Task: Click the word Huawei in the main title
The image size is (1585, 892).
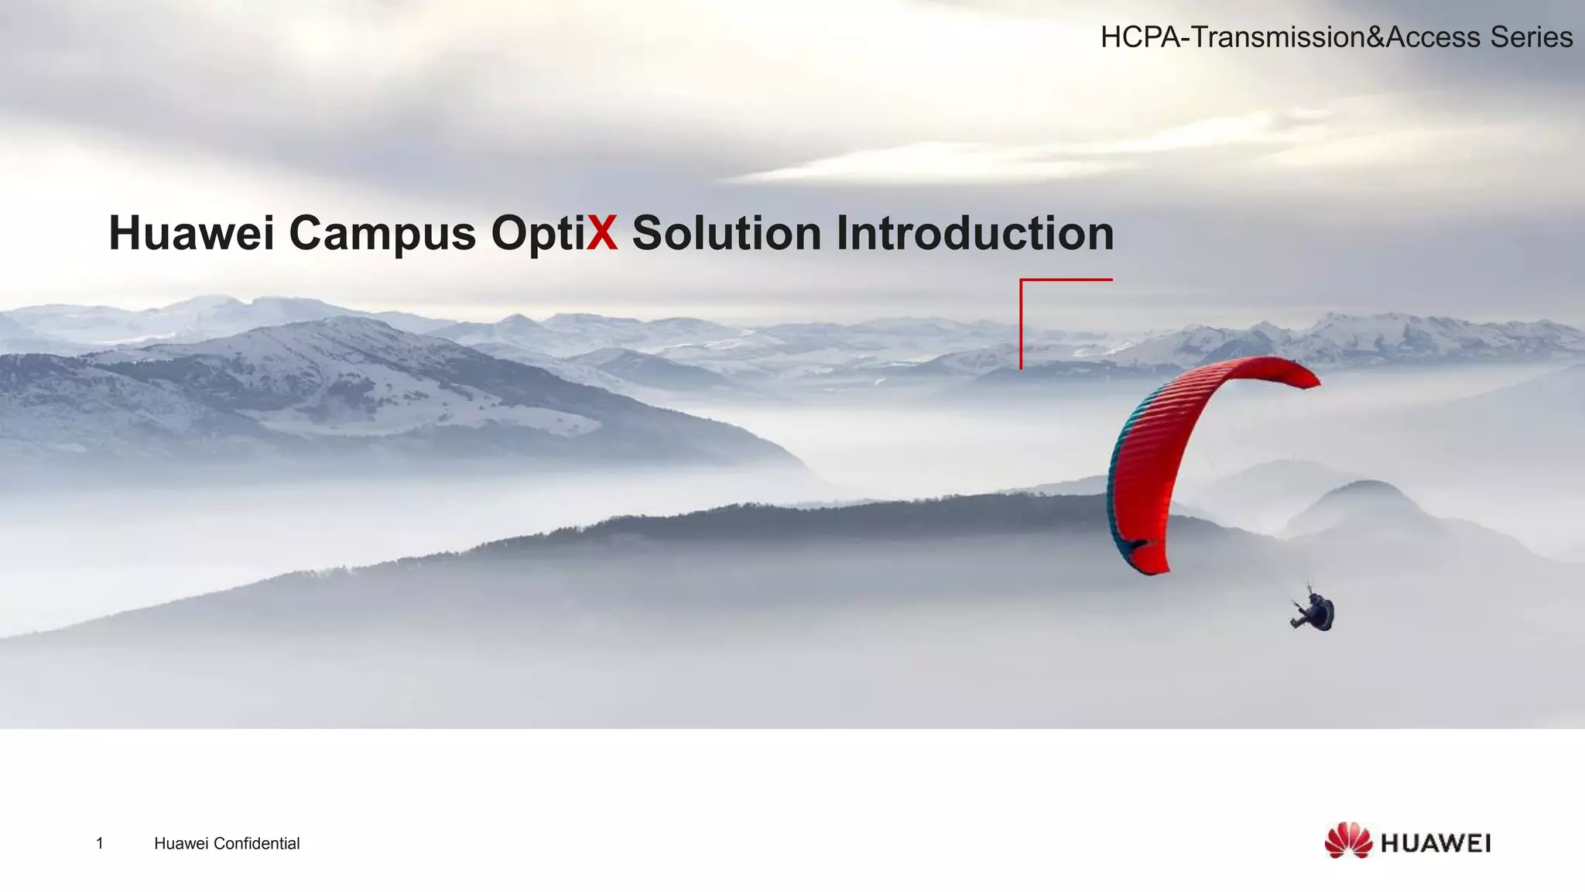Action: [x=191, y=233]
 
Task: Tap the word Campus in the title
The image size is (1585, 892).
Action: [x=382, y=233]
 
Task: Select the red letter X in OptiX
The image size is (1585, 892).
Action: [x=602, y=233]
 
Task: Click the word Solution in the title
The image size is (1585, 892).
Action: [x=726, y=233]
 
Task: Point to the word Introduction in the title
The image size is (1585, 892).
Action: [x=974, y=233]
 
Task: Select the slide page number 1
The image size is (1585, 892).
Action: [x=100, y=843]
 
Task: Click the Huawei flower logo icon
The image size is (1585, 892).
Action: [x=1347, y=841]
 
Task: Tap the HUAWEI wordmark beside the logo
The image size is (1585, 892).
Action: [x=1436, y=843]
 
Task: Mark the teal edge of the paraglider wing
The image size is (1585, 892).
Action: [x=1114, y=496]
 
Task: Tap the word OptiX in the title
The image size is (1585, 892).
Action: [x=554, y=233]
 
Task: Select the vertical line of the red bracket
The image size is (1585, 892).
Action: [x=1022, y=325]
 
